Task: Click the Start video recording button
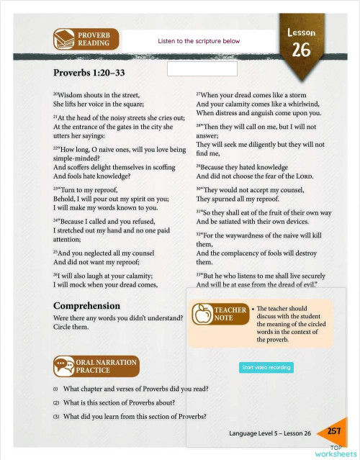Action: (x=266, y=367)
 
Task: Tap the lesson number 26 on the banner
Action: (x=301, y=50)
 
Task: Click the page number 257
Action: (x=333, y=431)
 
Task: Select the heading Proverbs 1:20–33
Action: (x=89, y=73)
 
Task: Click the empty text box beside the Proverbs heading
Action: (x=202, y=69)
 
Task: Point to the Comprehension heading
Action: (x=86, y=305)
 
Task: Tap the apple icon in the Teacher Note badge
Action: (x=204, y=314)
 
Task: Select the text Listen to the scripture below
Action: (x=199, y=41)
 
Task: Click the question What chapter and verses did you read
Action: (x=135, y=389)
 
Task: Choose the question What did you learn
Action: (x=135, y=416)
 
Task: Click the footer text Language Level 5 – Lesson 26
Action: (x=269, y=433)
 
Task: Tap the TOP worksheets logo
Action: (x=330, y=451)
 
